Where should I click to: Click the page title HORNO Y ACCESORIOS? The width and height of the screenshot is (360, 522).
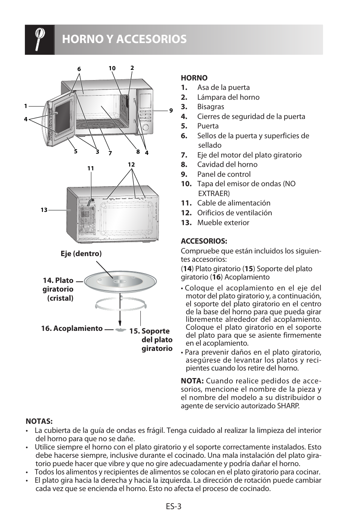(x=124, y=39)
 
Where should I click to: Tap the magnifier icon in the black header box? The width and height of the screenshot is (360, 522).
(x=40, y=39)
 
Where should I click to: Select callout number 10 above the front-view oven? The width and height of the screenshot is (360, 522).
(x=112, y=68)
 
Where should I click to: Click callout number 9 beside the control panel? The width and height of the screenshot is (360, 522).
(x=171, y=111)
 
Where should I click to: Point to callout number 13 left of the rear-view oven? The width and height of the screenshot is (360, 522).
(x=44, y=210)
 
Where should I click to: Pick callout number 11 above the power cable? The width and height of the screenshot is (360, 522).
(x=91, y=168)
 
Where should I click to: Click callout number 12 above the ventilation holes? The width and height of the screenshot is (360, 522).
(x=131, y=165)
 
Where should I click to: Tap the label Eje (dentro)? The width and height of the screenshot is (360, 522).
(x=81, y=254)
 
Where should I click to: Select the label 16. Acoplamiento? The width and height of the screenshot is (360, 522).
(x=72, y=329)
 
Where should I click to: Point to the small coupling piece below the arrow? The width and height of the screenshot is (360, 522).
(x=120, y=330)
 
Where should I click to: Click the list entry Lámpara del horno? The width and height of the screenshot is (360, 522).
(x=228, y=97)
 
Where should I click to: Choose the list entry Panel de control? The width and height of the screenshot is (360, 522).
(x=224, y=175)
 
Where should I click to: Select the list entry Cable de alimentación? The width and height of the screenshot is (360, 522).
(x=234, y=203)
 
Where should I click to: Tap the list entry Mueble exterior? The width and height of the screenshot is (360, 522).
(x=223, y=223)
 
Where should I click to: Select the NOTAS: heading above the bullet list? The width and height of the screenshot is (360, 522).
(x=39, y=421)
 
